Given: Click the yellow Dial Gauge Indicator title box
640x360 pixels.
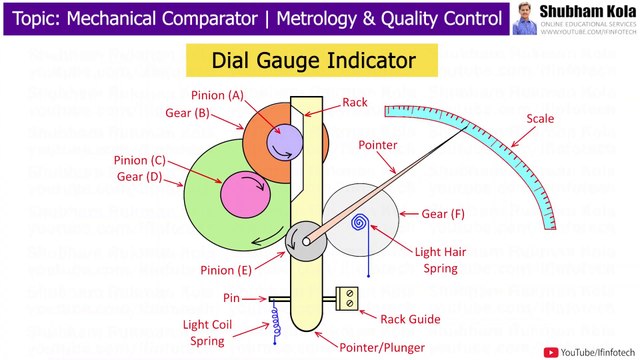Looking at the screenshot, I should click(x=313, y=61).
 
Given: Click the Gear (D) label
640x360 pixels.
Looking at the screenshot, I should click(x=142, y=177).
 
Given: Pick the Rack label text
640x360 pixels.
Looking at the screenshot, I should click(x=354, y=102).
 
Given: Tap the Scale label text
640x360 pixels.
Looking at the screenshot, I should click(x=541, y=119).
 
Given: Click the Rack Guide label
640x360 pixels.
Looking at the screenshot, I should click(x=407, y=319).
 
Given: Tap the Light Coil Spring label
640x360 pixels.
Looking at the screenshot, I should click(x=208, y=331).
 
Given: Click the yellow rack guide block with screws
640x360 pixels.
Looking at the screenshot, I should click(x=350, y=299).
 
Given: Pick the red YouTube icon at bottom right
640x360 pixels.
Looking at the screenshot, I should click(x=550, y=350).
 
